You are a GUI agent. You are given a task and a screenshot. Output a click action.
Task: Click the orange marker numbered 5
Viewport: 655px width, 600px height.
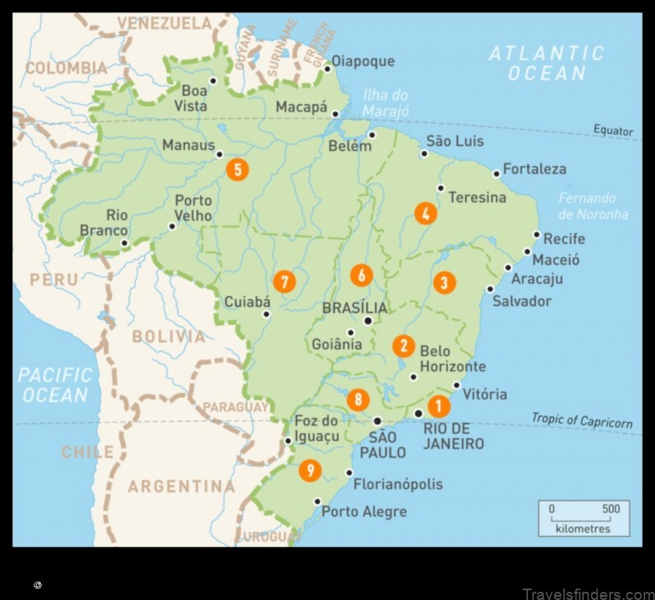click(237, 170)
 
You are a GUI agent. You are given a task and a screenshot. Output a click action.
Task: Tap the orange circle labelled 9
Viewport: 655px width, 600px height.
click(309, 470)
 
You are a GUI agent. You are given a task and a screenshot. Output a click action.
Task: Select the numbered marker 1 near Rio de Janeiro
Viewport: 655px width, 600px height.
click(439, 405)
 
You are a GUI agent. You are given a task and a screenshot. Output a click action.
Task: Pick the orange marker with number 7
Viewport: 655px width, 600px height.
click(284, 281)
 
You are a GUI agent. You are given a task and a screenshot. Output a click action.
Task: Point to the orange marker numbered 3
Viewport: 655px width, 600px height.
click(444, 283)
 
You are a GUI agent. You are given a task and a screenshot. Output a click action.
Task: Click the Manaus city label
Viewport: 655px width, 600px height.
click(187, 144)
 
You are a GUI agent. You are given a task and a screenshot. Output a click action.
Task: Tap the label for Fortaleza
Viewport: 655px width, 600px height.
click(535, 169)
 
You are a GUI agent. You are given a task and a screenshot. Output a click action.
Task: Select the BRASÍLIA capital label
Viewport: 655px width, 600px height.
click(355, 308)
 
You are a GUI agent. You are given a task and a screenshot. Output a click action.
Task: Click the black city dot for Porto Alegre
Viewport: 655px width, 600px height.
click(318, 502)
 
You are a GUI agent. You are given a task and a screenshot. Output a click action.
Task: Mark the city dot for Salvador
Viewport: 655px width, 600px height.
click(490, 289)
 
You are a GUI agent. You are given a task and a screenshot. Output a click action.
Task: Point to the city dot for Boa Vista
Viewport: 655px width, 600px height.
click(213, 80)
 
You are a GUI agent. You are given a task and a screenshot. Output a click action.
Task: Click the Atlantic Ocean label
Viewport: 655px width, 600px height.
click(546, 63)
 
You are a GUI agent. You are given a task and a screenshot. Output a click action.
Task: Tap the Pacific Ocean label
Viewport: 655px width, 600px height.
click(56, 384)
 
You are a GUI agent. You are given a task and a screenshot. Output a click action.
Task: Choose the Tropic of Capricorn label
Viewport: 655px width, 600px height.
click(582, 420)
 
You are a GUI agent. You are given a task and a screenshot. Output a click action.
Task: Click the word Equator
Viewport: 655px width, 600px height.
click(614, 131)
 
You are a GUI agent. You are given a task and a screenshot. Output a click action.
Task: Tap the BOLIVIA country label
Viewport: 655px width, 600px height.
click(169, 336)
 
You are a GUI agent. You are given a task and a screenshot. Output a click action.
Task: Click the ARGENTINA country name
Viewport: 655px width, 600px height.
click(181, 487)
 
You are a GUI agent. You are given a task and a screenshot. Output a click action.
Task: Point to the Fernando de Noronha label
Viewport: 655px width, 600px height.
click(593, 206)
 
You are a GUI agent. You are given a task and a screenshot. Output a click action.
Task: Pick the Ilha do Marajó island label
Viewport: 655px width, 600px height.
click(387, 102)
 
